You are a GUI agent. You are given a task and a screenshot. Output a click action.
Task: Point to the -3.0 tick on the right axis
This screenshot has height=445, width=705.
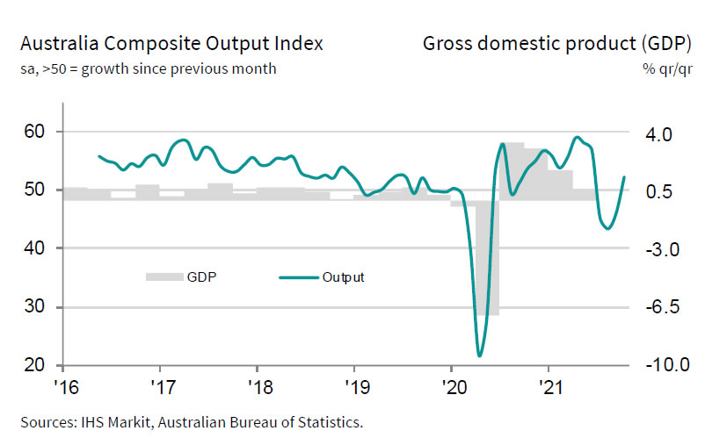click(658, 250)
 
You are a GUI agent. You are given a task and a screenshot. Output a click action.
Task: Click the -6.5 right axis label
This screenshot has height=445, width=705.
click(658, 307)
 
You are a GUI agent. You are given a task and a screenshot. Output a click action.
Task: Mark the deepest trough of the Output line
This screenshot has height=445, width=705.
click(479, 355)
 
